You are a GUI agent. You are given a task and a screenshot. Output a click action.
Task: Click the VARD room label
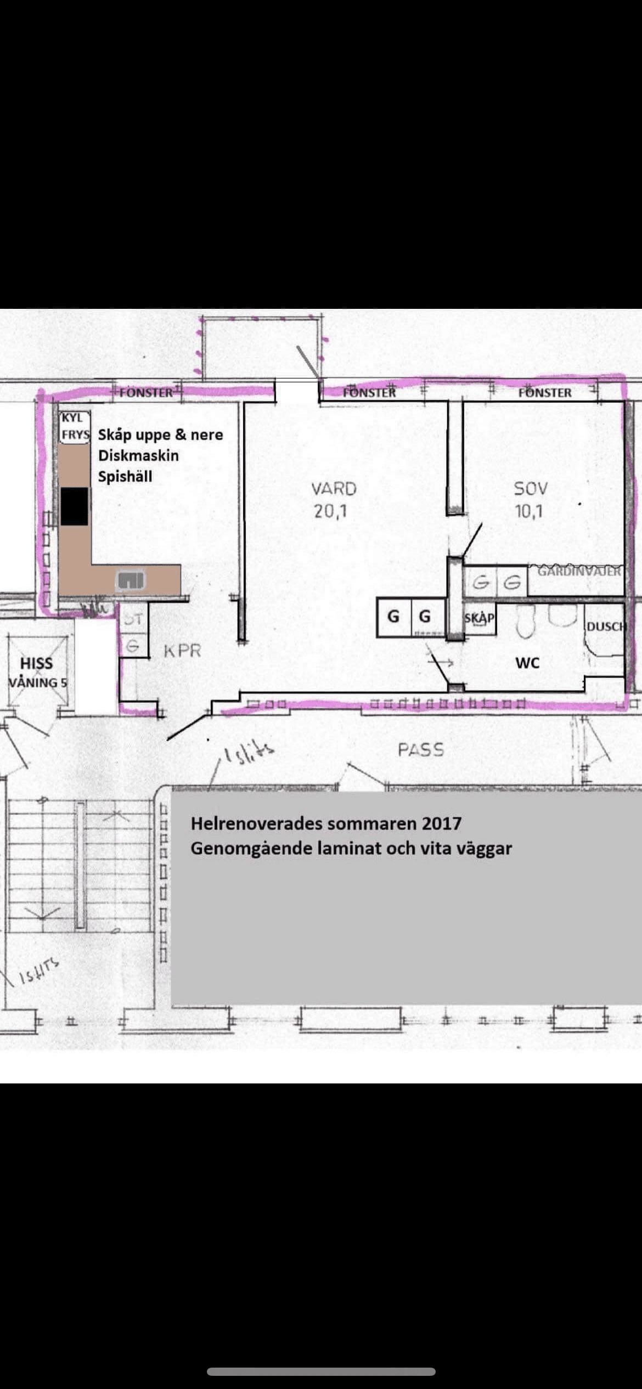(334, 489)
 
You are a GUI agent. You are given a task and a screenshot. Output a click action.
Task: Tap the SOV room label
(530, 488)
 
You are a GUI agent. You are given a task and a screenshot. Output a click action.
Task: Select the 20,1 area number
(330, 512)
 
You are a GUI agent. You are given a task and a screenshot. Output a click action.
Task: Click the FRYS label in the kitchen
(75, 435)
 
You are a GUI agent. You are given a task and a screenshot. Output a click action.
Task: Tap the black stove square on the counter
(74, 506)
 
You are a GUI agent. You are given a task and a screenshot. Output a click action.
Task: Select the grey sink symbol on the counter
(131, 580)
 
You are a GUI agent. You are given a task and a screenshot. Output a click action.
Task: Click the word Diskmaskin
(138, 455)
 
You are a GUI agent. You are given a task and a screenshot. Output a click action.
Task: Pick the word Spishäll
(125, 476)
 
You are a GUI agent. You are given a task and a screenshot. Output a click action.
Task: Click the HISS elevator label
(36, 663)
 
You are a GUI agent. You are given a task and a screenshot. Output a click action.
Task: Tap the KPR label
(182, 651)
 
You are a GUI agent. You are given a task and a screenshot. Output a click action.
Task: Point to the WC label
(527, 663)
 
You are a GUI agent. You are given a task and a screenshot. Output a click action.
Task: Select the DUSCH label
(606, 626)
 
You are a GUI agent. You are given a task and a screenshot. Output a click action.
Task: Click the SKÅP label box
(479, 618)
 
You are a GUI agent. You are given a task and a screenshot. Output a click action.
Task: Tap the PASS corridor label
(420, 749)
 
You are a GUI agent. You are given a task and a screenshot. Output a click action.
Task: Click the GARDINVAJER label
(578, 571)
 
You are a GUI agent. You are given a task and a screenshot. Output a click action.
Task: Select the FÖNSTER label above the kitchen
(146, 393)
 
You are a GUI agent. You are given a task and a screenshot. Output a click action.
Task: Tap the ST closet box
(133, 620)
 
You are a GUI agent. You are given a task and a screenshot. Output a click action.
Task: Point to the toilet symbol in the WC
(525, 623)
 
